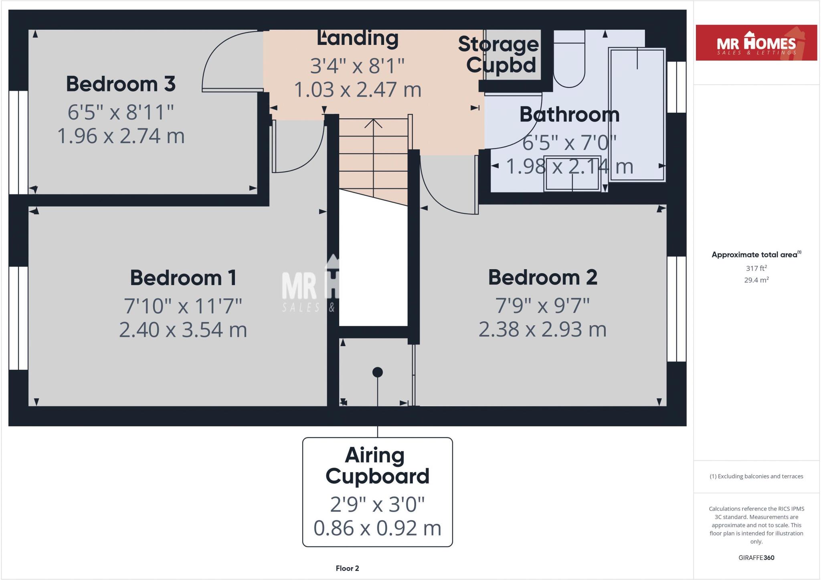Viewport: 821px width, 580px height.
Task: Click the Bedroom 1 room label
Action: [183, 278]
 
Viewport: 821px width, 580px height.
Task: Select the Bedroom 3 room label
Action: [121, 84]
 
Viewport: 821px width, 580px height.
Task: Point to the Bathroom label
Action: [569, 115]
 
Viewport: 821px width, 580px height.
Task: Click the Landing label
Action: [358, 39]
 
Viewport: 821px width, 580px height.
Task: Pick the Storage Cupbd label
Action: [499, 55]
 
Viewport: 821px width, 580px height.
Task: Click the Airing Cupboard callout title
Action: [377, 466]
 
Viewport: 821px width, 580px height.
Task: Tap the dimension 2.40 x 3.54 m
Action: [183, 330]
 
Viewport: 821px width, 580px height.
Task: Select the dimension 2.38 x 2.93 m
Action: [542, 329]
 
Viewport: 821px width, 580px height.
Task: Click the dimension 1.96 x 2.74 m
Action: [121, 136]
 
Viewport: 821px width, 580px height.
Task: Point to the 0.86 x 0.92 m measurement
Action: [377, 528]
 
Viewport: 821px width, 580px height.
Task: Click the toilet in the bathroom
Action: [569, 60]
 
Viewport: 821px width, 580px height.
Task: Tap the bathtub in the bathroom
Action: [637, 114]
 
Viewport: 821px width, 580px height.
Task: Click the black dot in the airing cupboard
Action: [377, 372]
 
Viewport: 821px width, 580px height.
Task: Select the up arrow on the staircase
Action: [373, 124]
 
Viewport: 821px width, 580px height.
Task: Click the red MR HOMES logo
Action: [756, 43]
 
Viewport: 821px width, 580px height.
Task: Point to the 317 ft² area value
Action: [756, 268]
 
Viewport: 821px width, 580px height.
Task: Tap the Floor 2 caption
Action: [347, 568]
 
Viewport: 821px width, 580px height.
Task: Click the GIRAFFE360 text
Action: [756, 558]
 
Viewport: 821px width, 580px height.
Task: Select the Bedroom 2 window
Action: [676, 309]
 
